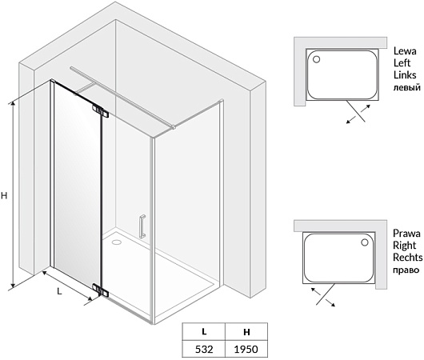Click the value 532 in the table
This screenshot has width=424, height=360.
click(x=204, y=349)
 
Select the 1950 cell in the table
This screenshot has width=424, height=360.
click(x=246, y=349)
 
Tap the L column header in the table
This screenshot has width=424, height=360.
click(x=204, y=331)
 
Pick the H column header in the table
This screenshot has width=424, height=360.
click(x=246, y=332)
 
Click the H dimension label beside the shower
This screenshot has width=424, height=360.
click(x=4, y=195)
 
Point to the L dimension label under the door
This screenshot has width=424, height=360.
click(x=59, y=291)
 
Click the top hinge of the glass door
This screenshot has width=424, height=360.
click(x=100, y=110)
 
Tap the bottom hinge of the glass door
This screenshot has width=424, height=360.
click(x=100, y=290)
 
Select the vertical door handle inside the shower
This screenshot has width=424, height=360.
click(x=142, y=226)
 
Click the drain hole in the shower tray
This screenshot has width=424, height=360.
click(x=116, y=242)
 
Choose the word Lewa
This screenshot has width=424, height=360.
click(x=405, y=51)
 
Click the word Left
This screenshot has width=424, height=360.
click(x=402, y=62)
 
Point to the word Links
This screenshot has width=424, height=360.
click(x=405, y=74)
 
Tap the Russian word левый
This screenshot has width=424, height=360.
click(x=406, y=88)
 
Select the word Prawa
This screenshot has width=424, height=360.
click(x=406, y=233)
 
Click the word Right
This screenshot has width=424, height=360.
click(x=405, y=246)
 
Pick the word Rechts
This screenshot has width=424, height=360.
click(x=408, y=258)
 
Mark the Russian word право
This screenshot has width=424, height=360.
click(x=406, y=270)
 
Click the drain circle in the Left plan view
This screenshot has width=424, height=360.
click(x=316, y=59)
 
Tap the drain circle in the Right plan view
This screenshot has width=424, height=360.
click(x=365, y=242)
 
